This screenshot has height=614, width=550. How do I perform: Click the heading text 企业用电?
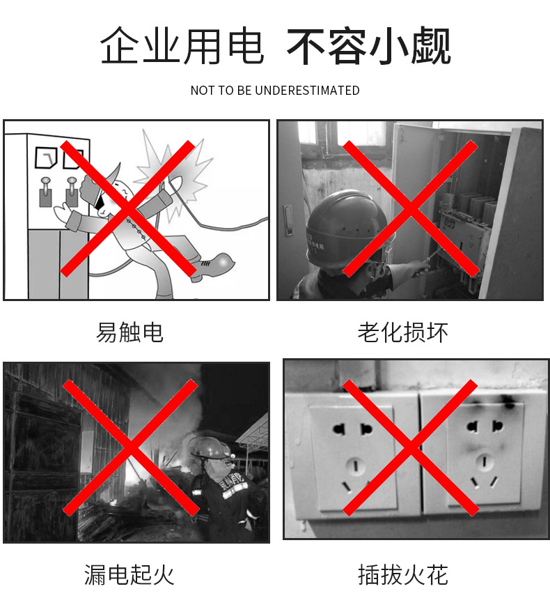(182, 47)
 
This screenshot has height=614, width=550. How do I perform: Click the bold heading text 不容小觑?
(369, 47)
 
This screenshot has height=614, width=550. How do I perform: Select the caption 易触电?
(129, 332)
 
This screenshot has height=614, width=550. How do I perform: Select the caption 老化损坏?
(402, 332)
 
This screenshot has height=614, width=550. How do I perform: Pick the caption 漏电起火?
(129, 574)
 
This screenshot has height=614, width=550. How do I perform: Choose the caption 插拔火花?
(402, 574)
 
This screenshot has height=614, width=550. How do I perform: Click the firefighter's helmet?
(209, 448)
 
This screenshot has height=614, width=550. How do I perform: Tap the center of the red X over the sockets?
(411, 448)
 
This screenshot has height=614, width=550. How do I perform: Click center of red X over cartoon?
(128, 208)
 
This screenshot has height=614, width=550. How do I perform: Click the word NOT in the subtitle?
(202, 91)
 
